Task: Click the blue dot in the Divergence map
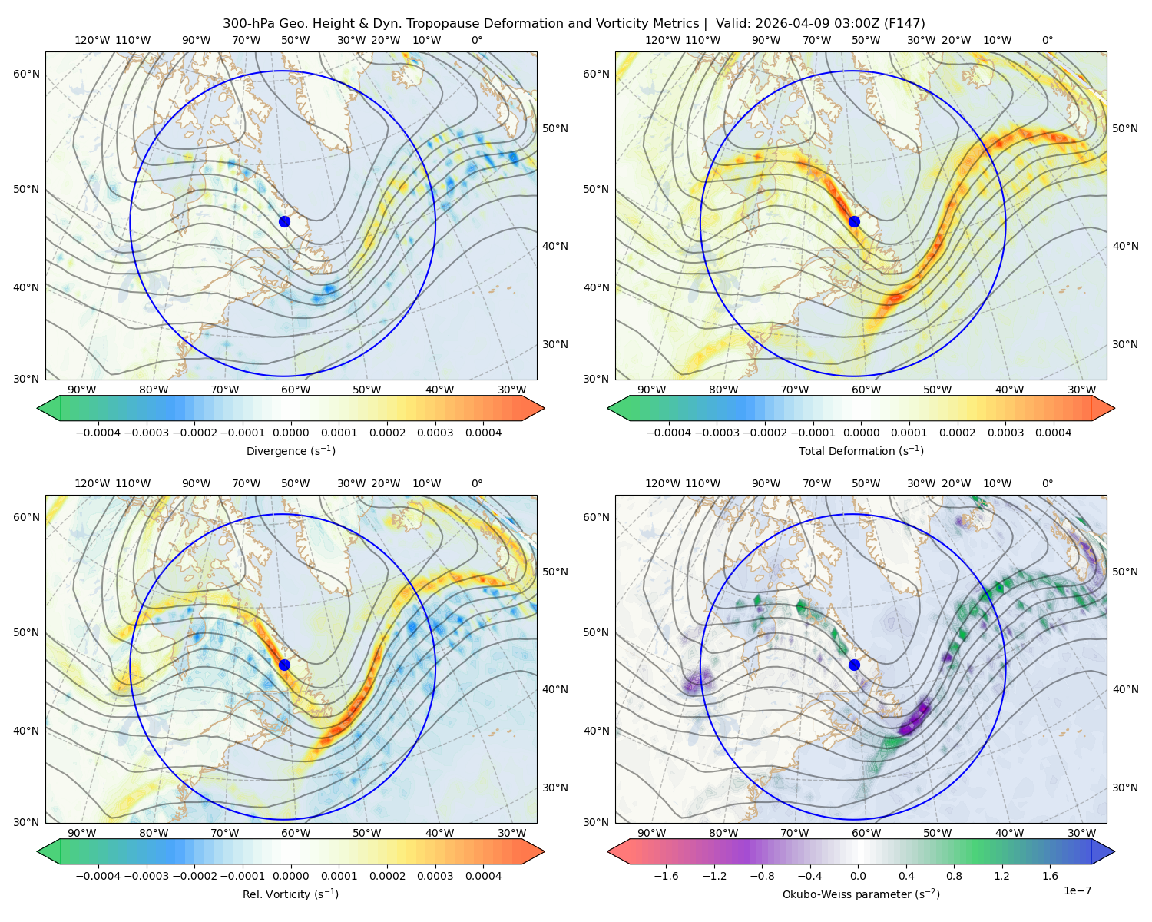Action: click(284, 222)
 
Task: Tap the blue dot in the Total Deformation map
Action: click(854, 222)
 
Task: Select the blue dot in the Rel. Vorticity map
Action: click(284, 665)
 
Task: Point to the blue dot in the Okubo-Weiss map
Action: click(854, 665)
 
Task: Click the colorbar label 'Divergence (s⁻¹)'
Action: click(290, 451)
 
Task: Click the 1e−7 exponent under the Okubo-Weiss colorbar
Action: click(1077, 890)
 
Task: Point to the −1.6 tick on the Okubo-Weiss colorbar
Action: click(666, 876)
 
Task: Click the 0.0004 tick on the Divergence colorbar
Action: click(483, 433)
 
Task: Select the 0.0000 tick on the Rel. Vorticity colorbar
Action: click(290, 876)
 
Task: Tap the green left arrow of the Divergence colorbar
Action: click(48, 408)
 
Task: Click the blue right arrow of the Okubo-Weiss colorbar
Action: click(1104, 851)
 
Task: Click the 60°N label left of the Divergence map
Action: click(26, 74)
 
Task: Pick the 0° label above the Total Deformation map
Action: click(1047, 40)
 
